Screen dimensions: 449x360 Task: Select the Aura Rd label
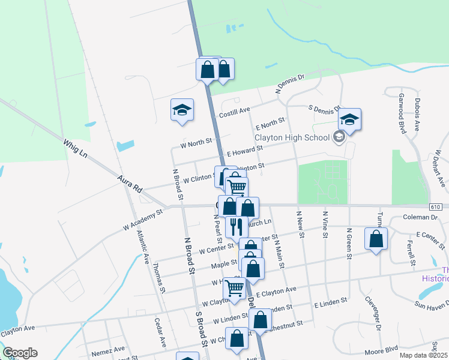pos(130,184)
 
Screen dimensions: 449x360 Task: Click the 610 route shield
pos(436,206)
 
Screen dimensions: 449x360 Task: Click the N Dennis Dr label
pos(291,83)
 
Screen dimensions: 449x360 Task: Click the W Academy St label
pos(143,220)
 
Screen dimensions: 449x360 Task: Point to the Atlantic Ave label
pos(142,248)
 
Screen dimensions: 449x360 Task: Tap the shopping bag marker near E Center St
pos(376,238)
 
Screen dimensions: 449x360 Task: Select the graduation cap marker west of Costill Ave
pos(182,110)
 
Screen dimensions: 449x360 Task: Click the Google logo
pos(20,353)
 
